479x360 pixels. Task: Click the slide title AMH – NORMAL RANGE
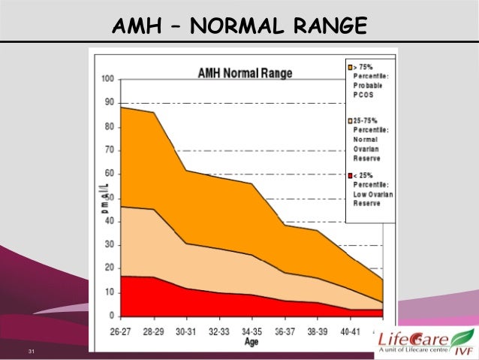pos(239,28)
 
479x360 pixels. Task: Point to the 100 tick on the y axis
pos(107,80)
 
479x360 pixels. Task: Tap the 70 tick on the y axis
pos(109,150)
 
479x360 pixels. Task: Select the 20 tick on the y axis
pos(109,268)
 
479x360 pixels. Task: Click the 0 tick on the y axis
pos(111,315)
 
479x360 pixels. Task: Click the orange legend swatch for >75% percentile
pos(351,67)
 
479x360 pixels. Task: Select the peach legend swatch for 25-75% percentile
pos(351,120)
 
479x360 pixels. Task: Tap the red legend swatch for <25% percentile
pos(351,175)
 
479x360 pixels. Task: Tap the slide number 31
pos(32,352)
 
